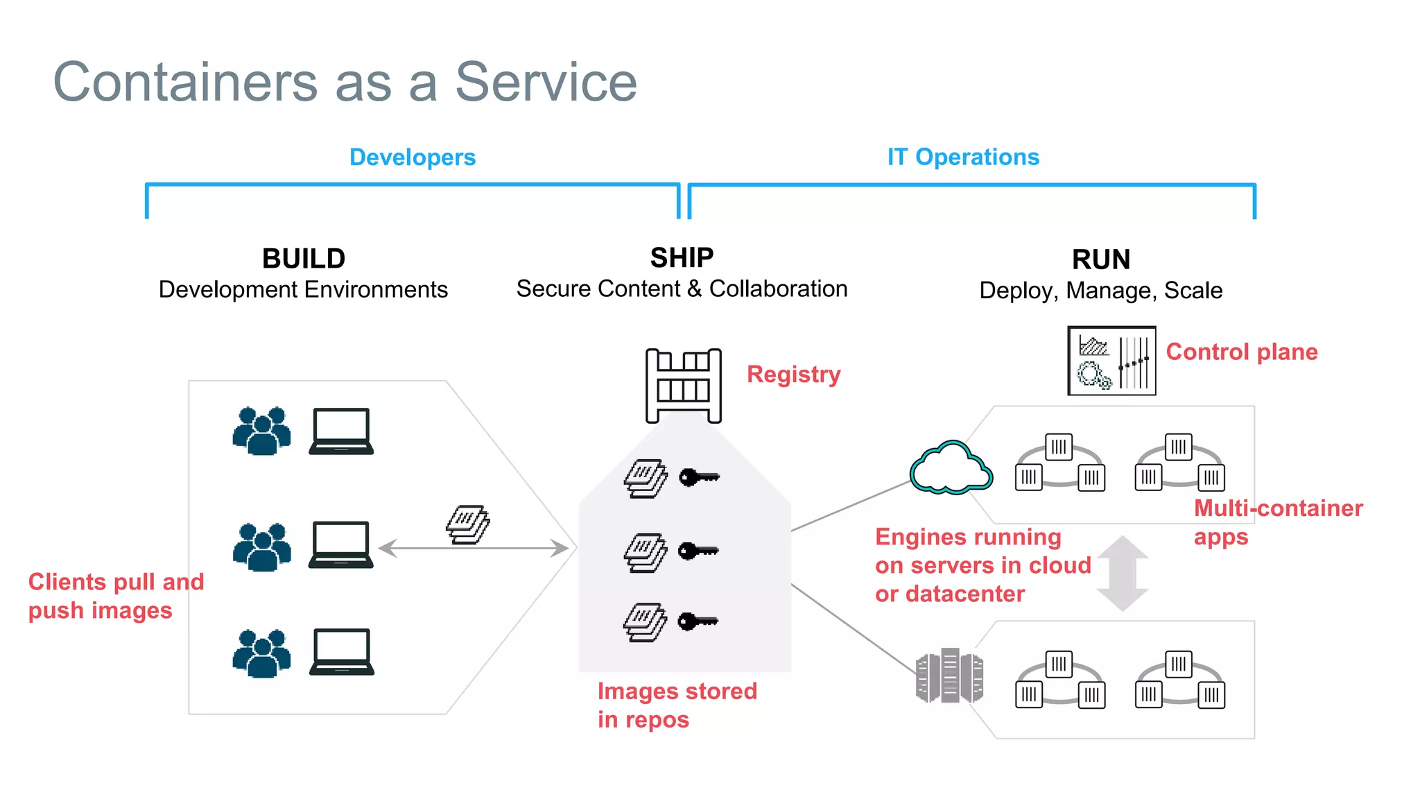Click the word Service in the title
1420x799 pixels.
click(545, 82)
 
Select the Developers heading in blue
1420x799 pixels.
click(412, 157)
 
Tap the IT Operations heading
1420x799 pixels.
click(962, 157)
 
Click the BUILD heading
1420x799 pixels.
click(304, 259)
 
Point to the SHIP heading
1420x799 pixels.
click(682, 258)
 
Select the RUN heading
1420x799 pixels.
click(1100, 260)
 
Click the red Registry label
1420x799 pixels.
click(793, 375)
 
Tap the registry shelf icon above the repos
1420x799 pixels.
click(683, 385)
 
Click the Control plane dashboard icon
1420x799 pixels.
click(1111, 361)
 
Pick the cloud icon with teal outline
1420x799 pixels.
click(951, 468)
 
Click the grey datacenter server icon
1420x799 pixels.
click(949, 676)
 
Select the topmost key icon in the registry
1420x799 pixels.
click(699, 477)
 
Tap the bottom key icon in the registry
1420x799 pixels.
click(698, 621)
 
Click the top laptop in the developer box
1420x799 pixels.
click(340, 431)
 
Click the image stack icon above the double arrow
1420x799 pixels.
click(467, 524)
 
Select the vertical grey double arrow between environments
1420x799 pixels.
click(1123, 573)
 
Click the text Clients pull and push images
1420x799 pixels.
click(115, 596)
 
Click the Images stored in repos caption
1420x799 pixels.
click(676, 705)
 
